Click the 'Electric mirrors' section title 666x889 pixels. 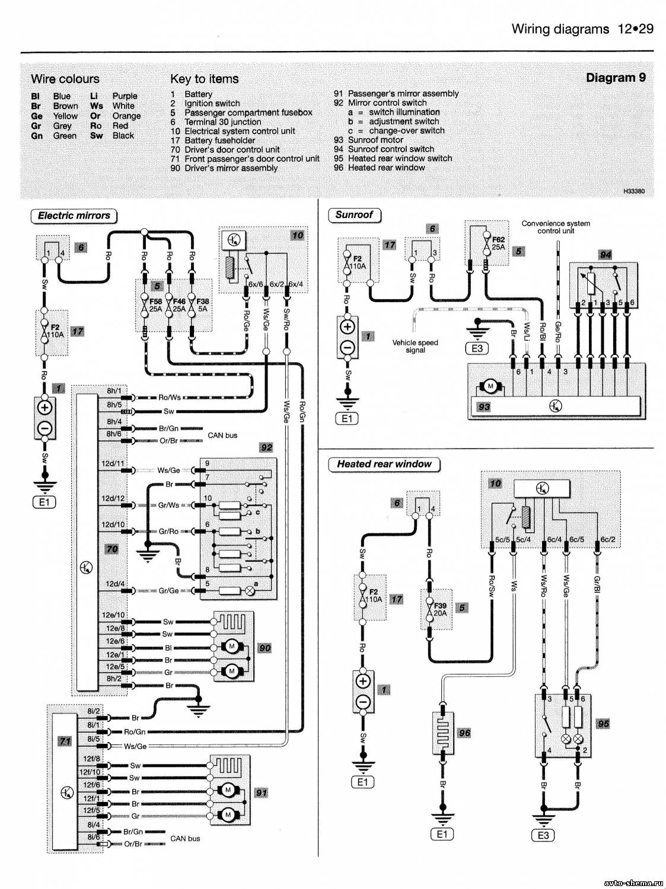point(74,216)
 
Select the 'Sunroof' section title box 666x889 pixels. point(354,215)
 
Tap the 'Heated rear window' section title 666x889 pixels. point(384,464)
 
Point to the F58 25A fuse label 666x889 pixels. point(155,305)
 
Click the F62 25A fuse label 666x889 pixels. point(498,242)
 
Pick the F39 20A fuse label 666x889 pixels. point(441,609)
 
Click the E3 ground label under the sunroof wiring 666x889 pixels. point(477,348)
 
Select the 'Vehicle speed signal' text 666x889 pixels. point(415,346)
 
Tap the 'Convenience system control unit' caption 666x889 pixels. point(556,227)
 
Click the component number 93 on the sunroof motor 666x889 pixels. point(484,406)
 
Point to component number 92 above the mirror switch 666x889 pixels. point(266,447)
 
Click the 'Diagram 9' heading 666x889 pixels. point(616,78)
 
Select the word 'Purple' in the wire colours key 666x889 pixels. point(125,96)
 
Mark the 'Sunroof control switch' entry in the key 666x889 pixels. point(391,149)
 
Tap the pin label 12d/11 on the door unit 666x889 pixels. point(113,463)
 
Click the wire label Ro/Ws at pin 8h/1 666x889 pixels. point(170,397)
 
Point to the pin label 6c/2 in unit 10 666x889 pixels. point(608,539)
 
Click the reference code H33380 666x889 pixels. point(634,191)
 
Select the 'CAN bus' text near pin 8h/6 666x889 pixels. point(222,436)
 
